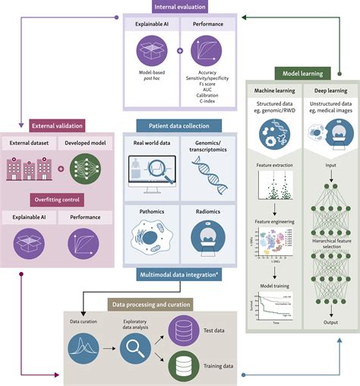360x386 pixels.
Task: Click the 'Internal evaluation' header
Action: click(x=179, y=8)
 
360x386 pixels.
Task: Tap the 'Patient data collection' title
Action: click(x=179, y=125)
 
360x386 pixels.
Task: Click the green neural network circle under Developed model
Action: click(x=84, y=169)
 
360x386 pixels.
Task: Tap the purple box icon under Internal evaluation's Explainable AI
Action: click(x=152, y=52)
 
